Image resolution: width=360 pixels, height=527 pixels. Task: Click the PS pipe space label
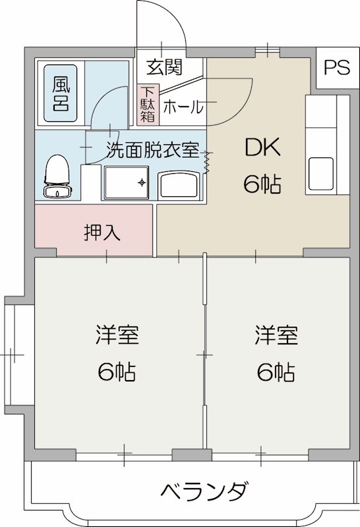pyautogui.click(x=336, y=69)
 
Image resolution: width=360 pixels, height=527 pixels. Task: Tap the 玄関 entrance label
pyautogui.click(x=164, y=67)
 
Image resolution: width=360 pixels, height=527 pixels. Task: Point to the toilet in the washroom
pyautogui.click(x=57, y=176)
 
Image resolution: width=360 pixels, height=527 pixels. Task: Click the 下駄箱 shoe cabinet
pyautogui.click(x=146, y=105)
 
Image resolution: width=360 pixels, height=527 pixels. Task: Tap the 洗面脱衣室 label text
pyautogui.click(x=152, y=150)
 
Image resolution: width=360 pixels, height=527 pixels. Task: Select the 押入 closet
pyautogui.click(x=102, y=232)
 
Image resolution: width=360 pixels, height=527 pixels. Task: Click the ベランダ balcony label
pyautogui.click(x=204, y=491)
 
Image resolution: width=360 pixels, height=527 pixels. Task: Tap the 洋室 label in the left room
pyautogui.click(x=117, y=335)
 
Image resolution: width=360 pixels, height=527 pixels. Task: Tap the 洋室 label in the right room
pyautogui.click(x=276, y=335)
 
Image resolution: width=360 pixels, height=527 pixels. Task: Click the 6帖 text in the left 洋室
pyautogui.click(x=117, y=373)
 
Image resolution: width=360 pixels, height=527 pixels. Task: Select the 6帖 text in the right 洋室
pyautogui.click(x=276, y=373)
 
